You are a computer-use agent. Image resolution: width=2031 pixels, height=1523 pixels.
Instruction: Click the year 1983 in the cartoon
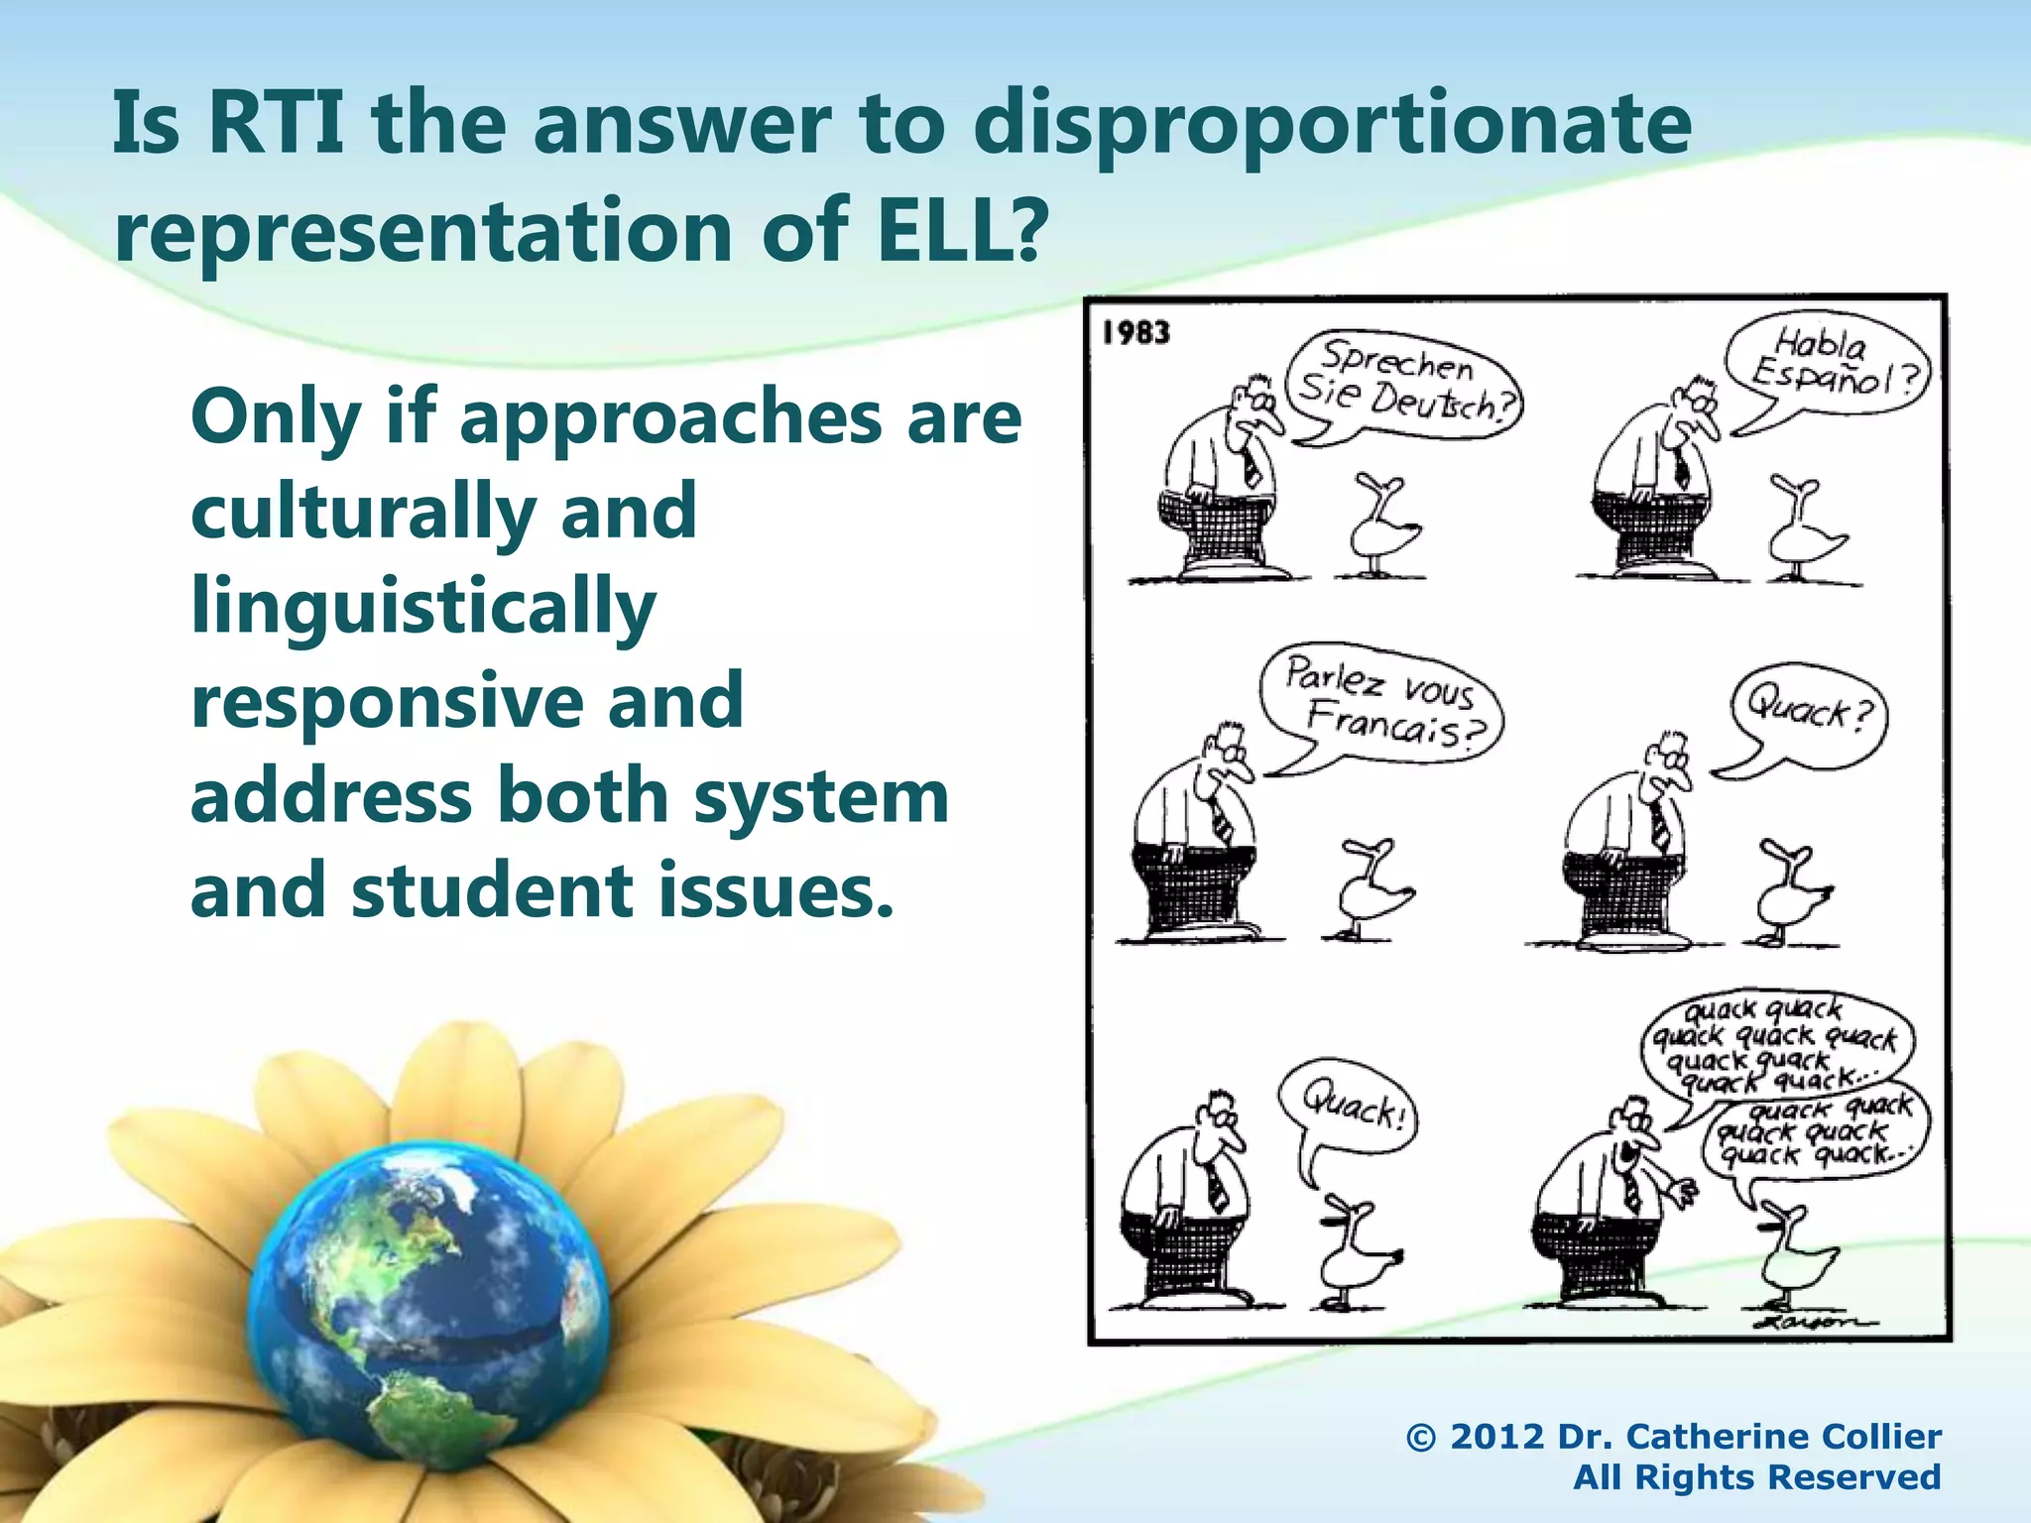pyautogui.click(x=1136, y=332)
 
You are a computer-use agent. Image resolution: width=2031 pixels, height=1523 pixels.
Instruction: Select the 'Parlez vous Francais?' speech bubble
pyautogui.click(x=1381, y=703)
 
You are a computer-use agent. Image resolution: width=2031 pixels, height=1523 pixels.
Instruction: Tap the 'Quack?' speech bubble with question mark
pyautogui.click(x=1808, y=715)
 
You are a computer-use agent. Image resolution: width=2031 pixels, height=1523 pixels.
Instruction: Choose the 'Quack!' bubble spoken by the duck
pyautogui.click(x=1349, y=1107)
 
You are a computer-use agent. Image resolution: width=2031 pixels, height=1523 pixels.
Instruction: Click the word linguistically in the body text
pyautogui.click(x=423, y=607)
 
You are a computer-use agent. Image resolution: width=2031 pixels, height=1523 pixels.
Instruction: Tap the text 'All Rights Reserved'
pyautogui.click(x=1756, y=1477)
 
